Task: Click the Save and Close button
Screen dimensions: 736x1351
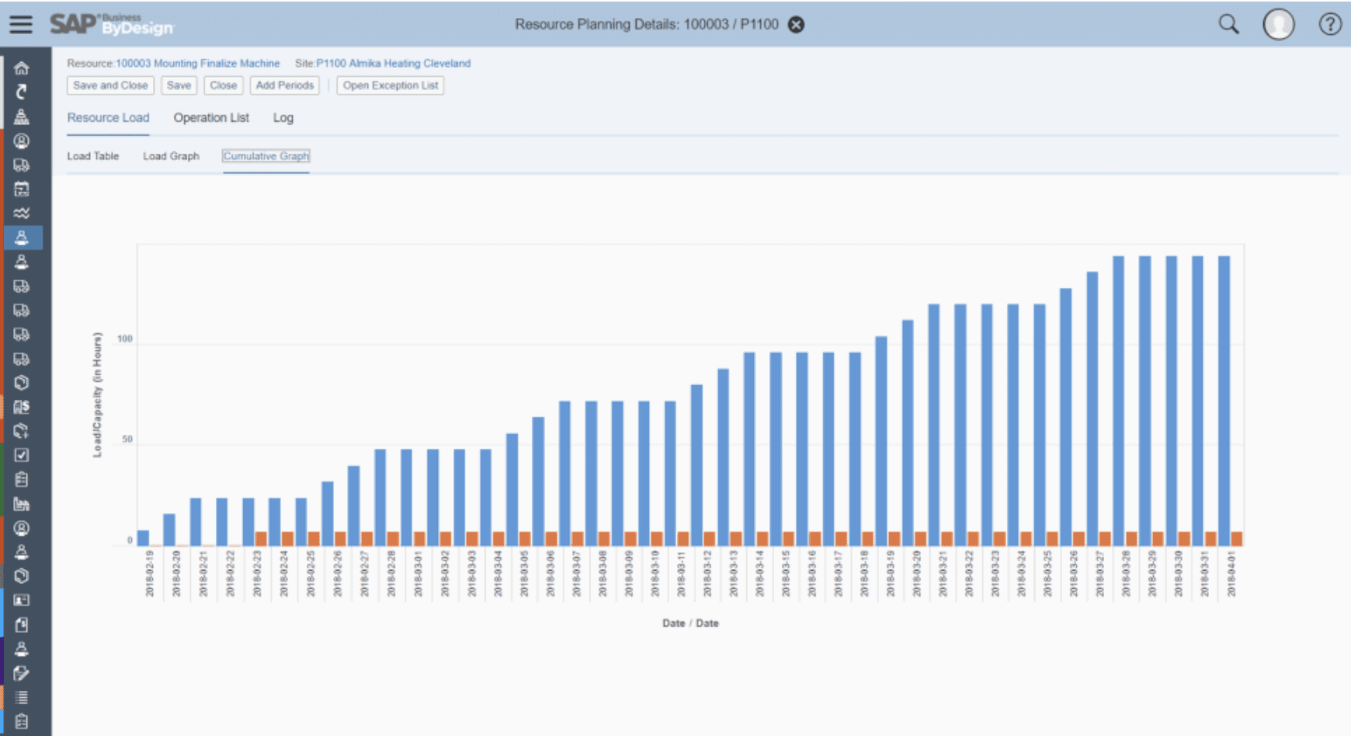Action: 110,85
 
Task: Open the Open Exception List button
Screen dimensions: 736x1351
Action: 391,85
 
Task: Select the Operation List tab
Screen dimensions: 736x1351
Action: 211,118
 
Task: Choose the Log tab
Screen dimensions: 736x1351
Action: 283,118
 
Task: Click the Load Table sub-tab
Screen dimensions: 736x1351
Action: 92,156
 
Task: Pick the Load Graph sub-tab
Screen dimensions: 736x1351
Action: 171,156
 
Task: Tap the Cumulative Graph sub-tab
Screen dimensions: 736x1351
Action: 266,156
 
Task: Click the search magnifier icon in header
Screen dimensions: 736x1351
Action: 1228,24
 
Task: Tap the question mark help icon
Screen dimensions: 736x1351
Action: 1329,24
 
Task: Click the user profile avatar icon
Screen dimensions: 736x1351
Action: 1278,24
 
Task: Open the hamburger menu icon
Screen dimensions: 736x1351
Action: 21,24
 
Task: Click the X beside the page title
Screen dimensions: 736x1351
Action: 796,25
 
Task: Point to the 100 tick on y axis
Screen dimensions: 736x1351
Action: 124,339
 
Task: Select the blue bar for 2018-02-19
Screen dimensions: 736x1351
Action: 143,537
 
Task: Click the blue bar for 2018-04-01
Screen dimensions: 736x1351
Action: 1224,400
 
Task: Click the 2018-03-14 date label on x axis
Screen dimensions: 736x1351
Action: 760,575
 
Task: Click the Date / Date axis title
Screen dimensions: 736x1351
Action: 690,623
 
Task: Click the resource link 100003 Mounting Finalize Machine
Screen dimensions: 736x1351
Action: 197,64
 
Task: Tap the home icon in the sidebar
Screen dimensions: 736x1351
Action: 22,68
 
